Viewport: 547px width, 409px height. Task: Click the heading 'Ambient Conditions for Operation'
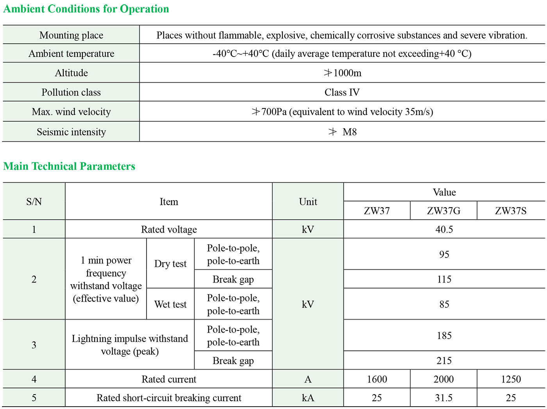(x=86, y=9)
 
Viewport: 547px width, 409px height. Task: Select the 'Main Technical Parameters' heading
(x=69, y=166)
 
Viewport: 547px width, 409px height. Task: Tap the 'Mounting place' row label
(x=71, y=35)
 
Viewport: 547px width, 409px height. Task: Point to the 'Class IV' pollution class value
(x=342, y=92)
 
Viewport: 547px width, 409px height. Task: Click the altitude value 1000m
(x=343, y=73)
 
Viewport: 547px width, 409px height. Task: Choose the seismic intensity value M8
(x=349, y=132)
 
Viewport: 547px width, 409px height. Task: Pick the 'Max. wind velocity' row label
(x=71, y=112)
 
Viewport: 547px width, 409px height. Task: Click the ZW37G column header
(x=443, y=211)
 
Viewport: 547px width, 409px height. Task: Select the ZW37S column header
(x=511, y=211)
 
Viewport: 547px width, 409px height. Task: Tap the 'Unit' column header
(x=308, y=202)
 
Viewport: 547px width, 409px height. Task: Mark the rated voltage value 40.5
(x=444, y=229)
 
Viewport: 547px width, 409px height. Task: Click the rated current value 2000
(x=443, y=379)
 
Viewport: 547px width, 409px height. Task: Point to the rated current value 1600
(x=377, y=379)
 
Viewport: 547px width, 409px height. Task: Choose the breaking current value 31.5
(x=443, y=398)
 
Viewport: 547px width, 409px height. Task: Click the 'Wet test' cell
(x=170, y=304)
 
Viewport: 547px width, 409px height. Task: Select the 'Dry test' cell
(x=170, y=264)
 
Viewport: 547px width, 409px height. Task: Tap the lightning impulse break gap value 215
(x=444, y=361)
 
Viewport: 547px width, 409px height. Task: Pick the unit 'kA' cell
(x=308, y=398)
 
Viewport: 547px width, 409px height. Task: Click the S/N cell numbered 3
(x=34, y=345)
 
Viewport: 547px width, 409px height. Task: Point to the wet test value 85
(x=444, y=304)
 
